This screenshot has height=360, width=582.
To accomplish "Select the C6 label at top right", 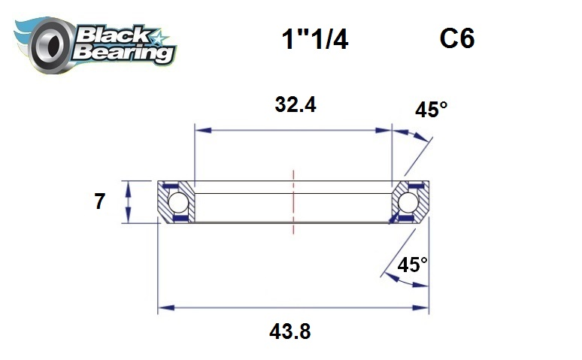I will click(457, 39).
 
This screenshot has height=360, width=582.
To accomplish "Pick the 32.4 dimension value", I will click(295, 105).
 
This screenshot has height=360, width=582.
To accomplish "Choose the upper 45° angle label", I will click(431, 110).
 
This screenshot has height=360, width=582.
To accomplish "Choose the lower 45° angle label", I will click(412, 265).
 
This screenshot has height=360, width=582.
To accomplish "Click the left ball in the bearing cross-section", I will click(177, 202).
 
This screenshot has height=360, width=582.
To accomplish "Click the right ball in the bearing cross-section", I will click(408, 202).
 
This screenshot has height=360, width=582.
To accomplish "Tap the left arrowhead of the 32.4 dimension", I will click(201, 130).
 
